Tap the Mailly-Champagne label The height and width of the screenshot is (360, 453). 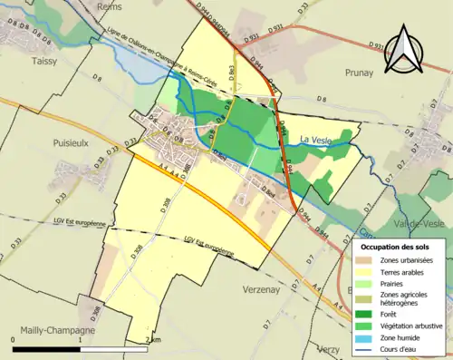pyautogui.click(x=50, y=331)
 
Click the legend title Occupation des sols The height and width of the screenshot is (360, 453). pyautogui.click(x=399, y=245)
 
